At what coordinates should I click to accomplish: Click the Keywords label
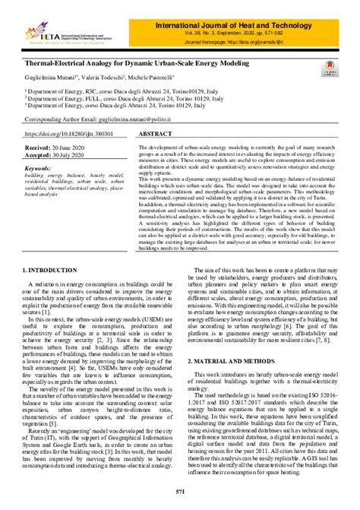point(38,168)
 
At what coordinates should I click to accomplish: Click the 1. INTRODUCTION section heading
point(55,249)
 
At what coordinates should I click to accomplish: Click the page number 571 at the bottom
point(180,493)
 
